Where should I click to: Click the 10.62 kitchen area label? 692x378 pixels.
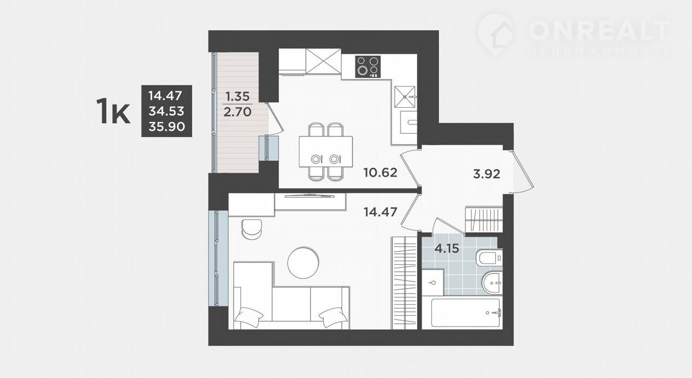pos(380,172)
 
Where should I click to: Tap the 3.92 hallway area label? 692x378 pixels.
pos(487,174)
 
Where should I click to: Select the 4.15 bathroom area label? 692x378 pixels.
pos(447,248)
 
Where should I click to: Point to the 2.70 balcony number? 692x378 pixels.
pos(237,112)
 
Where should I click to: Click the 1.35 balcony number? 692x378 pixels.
pos(237,96)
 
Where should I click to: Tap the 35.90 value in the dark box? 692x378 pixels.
pos(167,126)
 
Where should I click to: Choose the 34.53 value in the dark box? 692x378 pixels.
pos(167,110)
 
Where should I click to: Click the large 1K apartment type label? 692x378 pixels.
pos(113,110)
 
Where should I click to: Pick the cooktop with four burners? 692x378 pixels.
pos(368,67)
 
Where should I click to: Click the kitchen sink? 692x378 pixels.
pos(405,97)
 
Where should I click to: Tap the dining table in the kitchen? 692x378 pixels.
pos(325,152)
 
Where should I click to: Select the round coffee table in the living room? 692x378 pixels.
pos(303,263)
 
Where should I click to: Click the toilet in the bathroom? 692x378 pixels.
pos(489,258)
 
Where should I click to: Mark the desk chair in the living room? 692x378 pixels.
pos(252,229)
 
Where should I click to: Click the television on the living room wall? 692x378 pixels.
pos(309,195)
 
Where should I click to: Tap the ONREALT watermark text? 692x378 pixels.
pos(600,30)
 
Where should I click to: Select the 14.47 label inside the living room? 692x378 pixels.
pos(380,212)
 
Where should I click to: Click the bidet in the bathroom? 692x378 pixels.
pos(492,282)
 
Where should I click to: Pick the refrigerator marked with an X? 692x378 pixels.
pos(323,61)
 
